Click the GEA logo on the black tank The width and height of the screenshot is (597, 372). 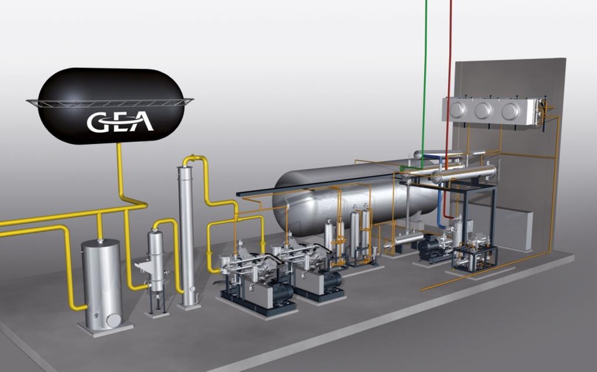120,122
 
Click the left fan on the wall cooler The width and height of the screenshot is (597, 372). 458,109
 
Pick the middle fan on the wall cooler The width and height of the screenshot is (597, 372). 484,110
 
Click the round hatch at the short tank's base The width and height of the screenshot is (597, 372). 113,320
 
